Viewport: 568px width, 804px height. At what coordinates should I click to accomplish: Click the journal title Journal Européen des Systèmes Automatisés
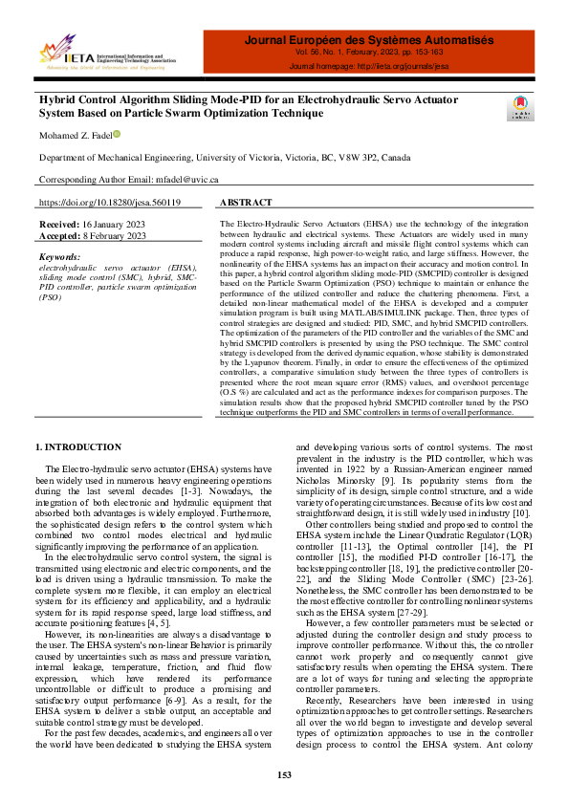pyautogui.click(x=368, y=40)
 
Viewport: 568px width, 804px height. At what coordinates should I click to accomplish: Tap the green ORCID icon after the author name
pyautogui.click(x=117, y=135)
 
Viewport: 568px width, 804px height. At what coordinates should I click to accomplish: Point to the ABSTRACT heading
pyautogui.click(x=246, y=203)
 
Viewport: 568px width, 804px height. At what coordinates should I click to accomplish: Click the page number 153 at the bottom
pyautogui.click(x=284, y=774)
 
